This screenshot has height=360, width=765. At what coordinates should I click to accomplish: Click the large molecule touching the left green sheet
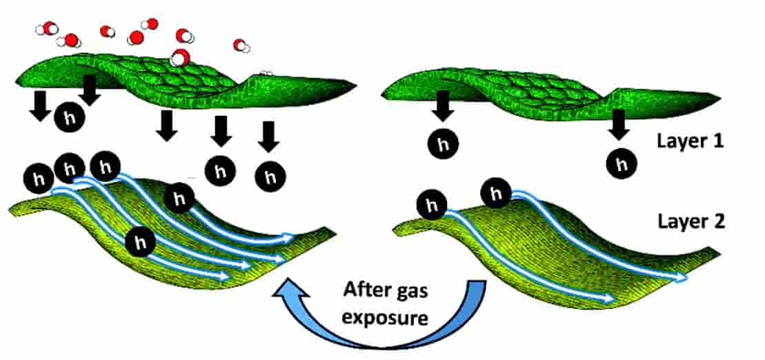[x=180, y=58]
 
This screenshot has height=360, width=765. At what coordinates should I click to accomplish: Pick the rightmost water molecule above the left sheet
[x=241, y=46]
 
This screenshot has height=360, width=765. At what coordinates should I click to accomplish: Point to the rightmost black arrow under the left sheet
[x=268, y=136]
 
